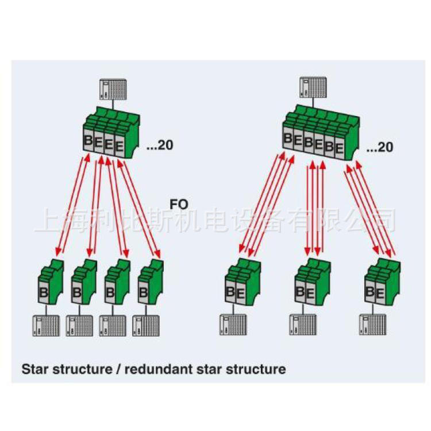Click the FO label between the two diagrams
click(179, 205)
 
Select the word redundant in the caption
click(159, 369)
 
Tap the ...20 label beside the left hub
click(160, 145)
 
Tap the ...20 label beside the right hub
click(380, 147)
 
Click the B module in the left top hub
click(88, 140)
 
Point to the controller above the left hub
click(113, 89)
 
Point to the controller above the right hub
click(313, 87)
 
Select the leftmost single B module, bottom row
click(51, 281)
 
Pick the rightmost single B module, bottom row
click(151, 281)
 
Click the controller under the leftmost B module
click(46, 326)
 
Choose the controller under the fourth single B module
click(146, 326)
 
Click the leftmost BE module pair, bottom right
click(243, 282)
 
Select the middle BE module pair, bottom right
click(313, 282)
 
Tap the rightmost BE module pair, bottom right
click(382, 282)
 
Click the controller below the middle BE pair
click(303, 325)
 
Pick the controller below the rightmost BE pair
click(373, 325)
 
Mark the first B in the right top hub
click(288, 138)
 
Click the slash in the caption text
click(118, 369)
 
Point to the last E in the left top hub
click(120, 147)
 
